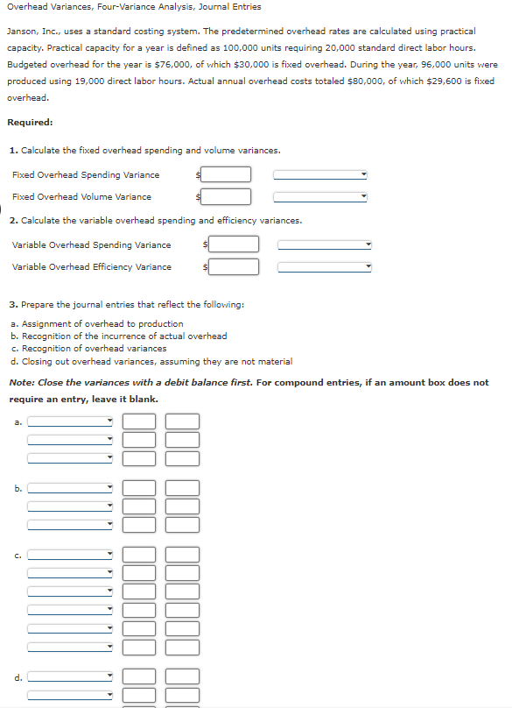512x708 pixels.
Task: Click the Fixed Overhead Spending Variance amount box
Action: (228, 174)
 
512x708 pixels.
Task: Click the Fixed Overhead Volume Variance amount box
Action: (228, 196)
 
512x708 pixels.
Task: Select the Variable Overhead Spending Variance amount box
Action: (234, 244)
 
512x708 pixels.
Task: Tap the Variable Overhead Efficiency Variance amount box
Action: (234, 266)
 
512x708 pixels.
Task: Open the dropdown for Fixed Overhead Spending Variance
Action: (320, 174)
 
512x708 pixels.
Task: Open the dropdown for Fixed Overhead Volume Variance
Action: (320, 196)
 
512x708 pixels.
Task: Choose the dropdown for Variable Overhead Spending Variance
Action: (326, 244)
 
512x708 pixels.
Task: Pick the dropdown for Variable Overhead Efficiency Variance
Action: (326, 266)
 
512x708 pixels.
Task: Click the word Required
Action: (30, 122)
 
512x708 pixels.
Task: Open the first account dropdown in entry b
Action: (71, 488)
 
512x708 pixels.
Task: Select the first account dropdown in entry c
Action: (71, 554)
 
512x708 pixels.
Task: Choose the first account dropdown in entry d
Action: (71, 676)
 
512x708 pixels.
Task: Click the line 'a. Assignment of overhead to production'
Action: (97, 323)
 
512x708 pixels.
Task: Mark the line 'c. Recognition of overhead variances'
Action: (88, 348)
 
